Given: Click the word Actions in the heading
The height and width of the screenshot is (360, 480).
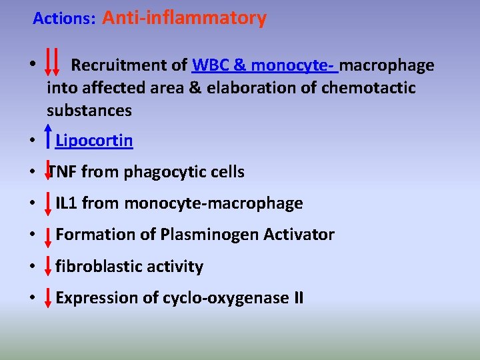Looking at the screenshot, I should tap(64, 19).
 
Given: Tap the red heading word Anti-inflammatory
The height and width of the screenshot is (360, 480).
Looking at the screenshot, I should tap(184, 18).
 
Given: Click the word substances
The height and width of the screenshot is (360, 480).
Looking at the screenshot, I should tap(89, 110).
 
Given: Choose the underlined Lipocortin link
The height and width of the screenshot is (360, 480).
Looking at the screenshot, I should tap(94, 141).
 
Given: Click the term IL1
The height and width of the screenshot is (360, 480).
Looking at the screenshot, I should tap(67, 203).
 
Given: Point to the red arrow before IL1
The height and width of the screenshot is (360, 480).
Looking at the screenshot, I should tap(49, 203).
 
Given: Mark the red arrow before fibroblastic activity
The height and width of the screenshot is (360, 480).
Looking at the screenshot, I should tap(49, 266).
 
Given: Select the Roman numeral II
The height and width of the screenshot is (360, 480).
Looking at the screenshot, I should tap(297, 298).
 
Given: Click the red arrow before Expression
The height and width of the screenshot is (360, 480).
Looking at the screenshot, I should tap(49, 297).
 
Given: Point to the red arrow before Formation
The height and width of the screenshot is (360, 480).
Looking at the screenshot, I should tap(49, 235).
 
